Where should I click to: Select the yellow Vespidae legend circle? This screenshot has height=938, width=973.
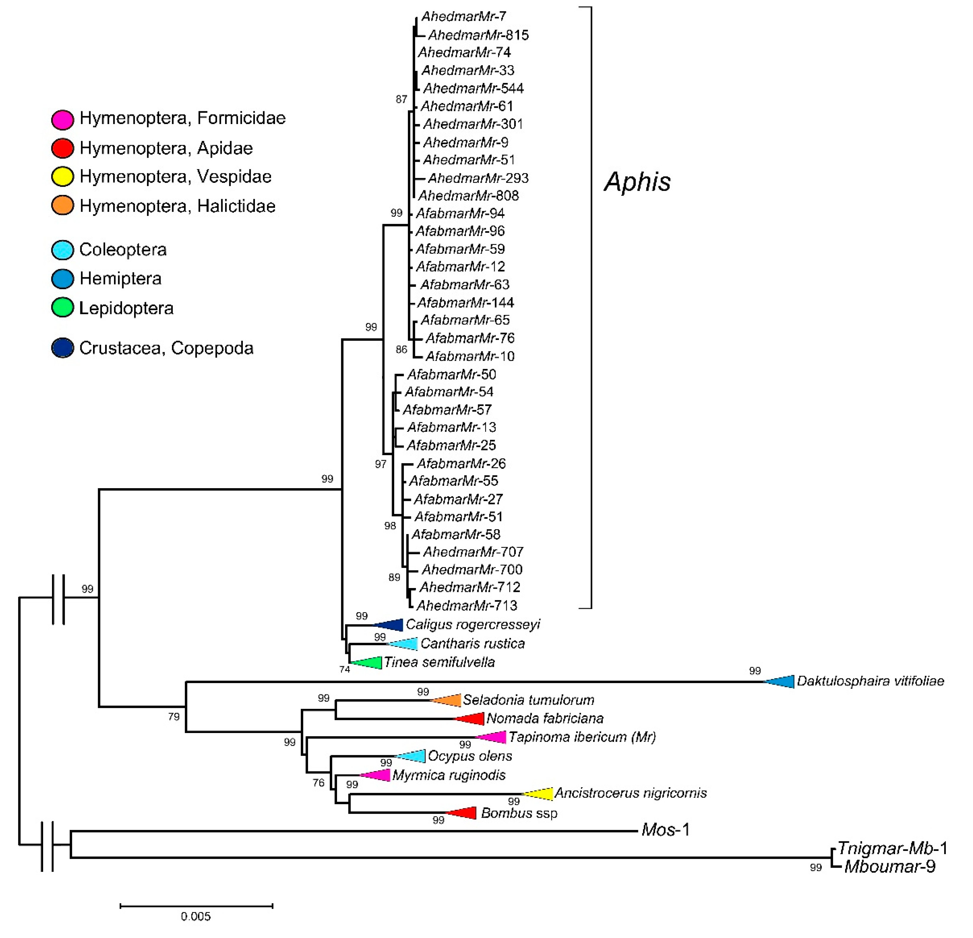pos(63,177)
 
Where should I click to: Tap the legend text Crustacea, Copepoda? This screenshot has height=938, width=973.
pos(166,349)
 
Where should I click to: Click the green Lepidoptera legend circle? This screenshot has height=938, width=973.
pos(63,308)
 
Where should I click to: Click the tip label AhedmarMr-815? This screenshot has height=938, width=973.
pos(478,35)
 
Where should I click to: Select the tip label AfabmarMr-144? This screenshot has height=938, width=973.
pos(465,302)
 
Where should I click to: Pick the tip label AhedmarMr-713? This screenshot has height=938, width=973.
pos(467,605)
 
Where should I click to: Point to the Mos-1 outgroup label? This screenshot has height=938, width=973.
pos(665,830)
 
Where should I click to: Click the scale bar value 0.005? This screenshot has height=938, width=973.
pos(196,916)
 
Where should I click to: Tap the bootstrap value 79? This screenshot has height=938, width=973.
pos(174,717)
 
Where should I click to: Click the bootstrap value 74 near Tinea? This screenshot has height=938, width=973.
pos(344,670)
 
